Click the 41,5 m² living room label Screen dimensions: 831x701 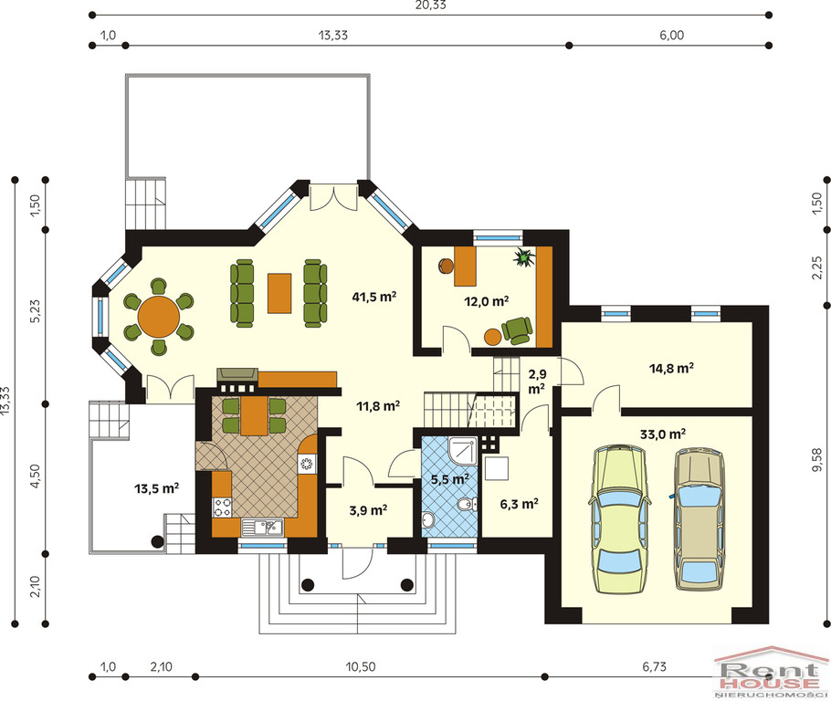pos(374,297)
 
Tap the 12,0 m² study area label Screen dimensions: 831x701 pos(487,301)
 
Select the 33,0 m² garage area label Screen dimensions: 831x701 pos(663,434)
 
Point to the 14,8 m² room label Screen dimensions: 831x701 pos(672,368)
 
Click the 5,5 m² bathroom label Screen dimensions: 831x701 pos(450,479)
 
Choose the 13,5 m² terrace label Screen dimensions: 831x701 pos(156,488)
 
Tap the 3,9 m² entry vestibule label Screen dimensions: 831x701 pos(368,511)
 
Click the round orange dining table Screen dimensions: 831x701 pos(159,317)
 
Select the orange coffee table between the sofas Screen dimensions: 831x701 pos(279,293)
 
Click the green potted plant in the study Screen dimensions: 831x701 pos(525,257)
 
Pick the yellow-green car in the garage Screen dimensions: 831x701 pos(619,519)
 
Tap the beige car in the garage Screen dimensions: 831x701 pos(700,519)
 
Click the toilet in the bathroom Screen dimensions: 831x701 pos(465,505)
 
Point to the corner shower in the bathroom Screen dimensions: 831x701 pos(463,450)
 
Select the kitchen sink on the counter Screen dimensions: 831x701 pos(262,528)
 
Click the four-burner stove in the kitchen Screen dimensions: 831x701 pos(222,507)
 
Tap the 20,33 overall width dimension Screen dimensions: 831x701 pos(431,5)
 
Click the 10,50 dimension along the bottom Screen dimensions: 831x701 pos(361,666)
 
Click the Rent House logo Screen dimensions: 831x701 pos(772,672)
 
